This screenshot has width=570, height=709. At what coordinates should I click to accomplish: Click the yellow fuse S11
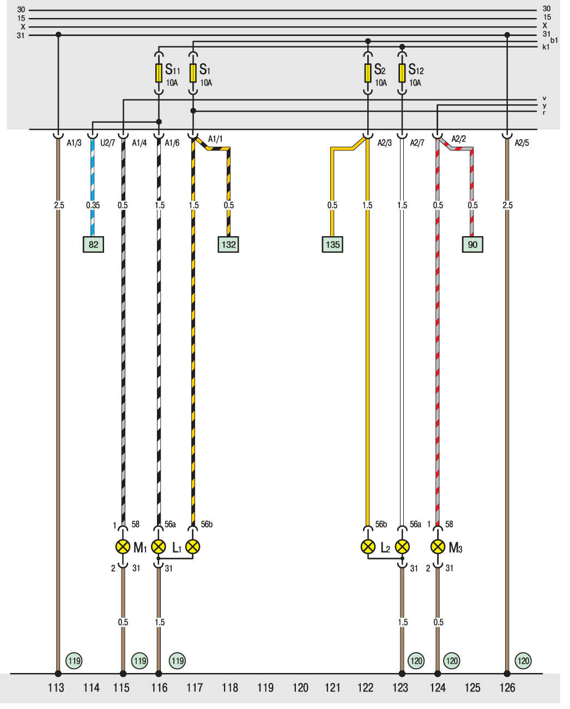tap(159, 73)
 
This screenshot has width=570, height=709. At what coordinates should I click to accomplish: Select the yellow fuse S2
tap(368, 73)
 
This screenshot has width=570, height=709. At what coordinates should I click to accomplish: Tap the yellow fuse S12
tap(402, 73)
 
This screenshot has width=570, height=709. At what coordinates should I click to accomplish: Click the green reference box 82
tap(93, 244)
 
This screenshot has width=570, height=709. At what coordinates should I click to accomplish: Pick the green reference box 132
tap(228, 244)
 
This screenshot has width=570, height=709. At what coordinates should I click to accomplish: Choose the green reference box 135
tap(332, 244)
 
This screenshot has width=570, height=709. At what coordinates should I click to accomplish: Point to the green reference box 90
tap(472, 244)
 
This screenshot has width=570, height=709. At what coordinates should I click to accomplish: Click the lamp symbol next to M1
tap(123, 546)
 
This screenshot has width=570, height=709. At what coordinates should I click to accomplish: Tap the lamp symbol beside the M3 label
tap(438, 546)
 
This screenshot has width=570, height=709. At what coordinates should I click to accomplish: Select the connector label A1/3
tap(74, 143)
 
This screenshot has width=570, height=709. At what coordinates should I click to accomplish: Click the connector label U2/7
tap(107, 143)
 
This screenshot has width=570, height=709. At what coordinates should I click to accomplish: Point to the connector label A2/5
tap(522, 143)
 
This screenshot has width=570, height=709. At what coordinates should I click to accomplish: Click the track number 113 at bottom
tap(56, 688)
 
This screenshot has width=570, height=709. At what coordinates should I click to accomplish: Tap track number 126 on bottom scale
tap(507, 688)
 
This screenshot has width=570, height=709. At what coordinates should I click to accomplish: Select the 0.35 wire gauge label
tap(93, 206)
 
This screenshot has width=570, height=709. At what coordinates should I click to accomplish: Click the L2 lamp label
tap(385, 548)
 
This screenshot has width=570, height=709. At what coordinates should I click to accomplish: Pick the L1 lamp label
tap(177, 548)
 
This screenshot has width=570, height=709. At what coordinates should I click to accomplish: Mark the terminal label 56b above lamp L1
tap(207, 525)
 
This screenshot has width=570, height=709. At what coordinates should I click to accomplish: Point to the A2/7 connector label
tap(417, 143)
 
